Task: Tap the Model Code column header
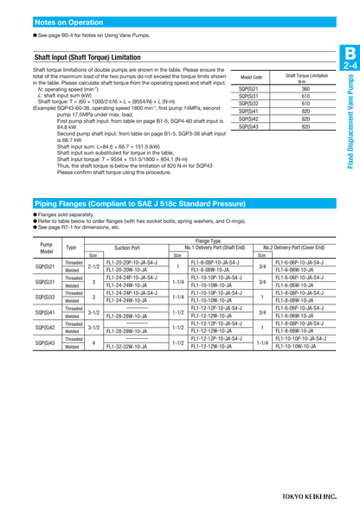click(x=251, y=77)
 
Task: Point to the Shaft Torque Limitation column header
click(x=306, y=77)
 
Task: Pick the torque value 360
click(x=305, y=88)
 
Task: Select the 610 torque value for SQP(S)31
click(x=305, y=96)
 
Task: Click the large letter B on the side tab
click(x=350, y=53)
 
